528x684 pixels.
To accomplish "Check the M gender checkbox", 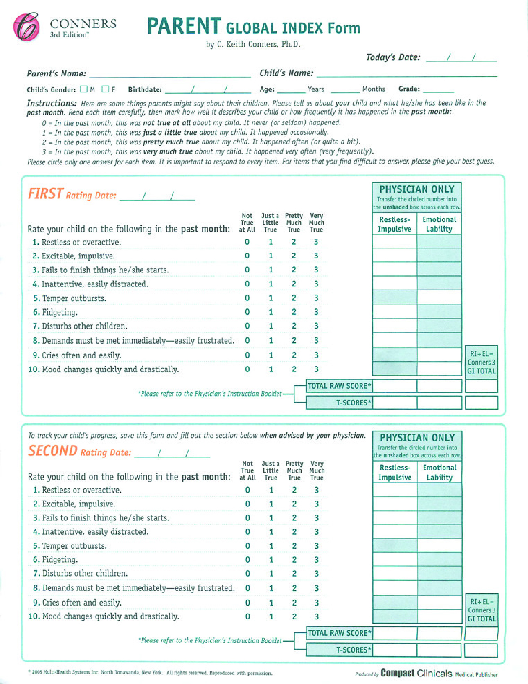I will (84, 89).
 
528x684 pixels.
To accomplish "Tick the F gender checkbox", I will (106, 89).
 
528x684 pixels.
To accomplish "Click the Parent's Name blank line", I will (169, 74).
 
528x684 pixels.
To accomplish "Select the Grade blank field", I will (438, 89).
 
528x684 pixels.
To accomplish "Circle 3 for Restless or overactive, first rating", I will (316, 242).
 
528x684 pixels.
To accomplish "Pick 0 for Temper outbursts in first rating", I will (247, 298).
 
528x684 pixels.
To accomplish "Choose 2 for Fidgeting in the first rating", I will (294, 312).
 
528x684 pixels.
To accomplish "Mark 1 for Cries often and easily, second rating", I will (271, 603).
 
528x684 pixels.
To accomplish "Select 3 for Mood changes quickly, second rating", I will (317, 617).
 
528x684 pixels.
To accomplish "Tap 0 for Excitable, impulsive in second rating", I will (247, 504).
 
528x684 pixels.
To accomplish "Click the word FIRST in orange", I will (46, 194).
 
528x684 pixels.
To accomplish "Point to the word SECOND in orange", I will (53, 451).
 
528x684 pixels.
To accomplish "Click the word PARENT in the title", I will (184, 26).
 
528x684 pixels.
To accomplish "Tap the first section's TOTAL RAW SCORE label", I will (339, 386).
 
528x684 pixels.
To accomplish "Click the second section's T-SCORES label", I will (353, 650).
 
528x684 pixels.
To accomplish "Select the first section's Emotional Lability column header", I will (439, 224).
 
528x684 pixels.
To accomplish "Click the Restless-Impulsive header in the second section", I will (395, 473).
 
